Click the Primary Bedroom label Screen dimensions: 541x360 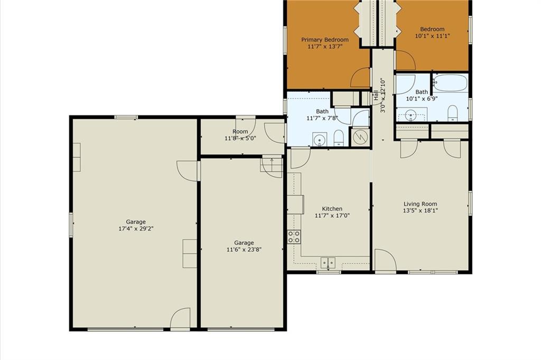325,40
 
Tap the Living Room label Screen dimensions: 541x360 420,204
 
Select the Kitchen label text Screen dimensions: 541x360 332,209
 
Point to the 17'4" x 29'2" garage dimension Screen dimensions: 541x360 136,228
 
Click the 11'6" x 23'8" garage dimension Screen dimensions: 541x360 244,249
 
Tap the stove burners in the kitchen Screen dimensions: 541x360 294,237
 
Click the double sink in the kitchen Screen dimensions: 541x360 328,263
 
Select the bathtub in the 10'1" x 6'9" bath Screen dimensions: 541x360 450,83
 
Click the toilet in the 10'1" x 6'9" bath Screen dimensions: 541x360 452,114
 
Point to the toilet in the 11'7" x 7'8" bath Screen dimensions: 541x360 339,138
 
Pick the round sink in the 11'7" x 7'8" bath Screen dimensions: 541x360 320,140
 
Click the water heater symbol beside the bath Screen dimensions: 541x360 360,137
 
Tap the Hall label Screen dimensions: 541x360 376,95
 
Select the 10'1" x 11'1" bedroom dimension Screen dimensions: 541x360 432,35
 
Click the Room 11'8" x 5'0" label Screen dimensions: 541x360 240,135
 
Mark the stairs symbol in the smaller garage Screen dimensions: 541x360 271,168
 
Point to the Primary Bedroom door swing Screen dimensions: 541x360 360,77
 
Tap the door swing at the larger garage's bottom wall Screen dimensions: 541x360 181,318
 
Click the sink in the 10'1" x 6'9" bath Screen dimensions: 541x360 411,115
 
